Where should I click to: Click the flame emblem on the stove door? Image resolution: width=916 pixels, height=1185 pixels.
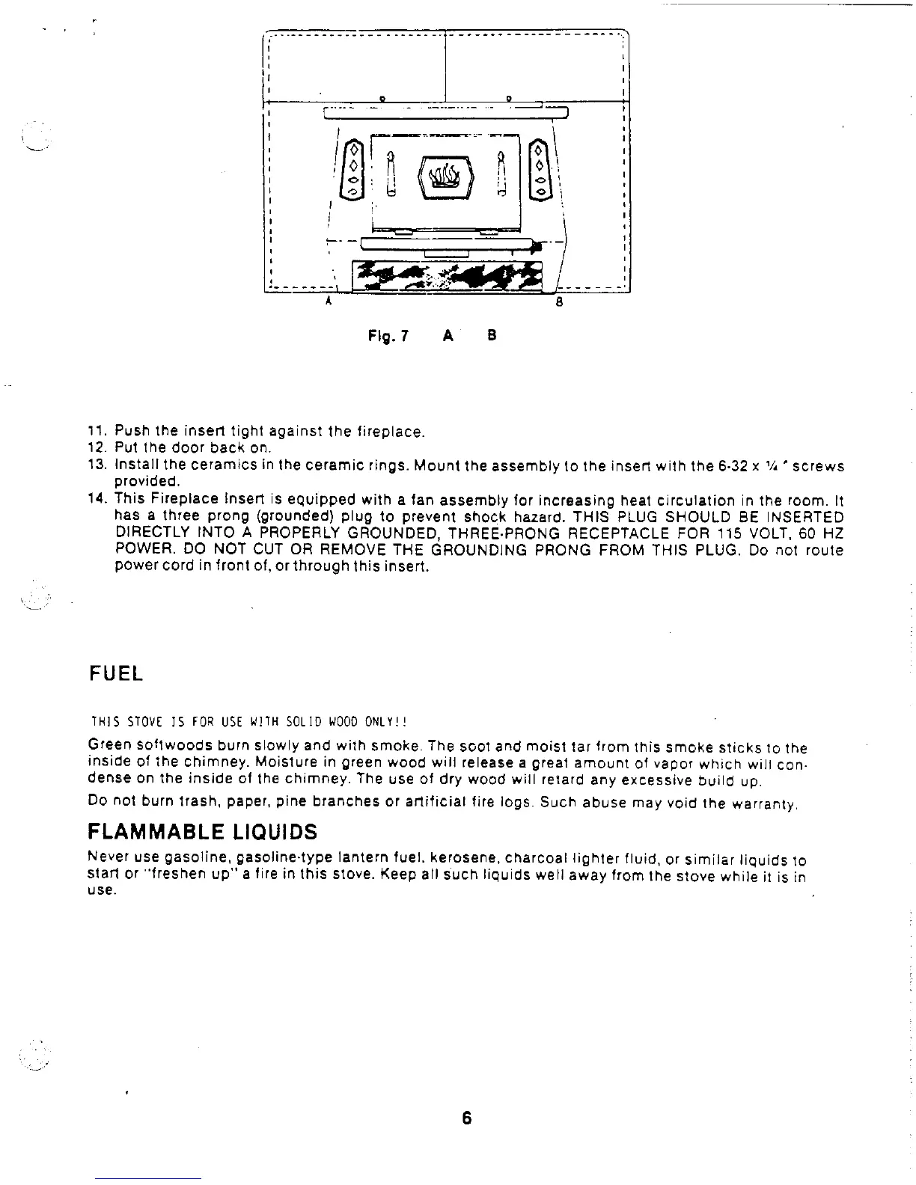click(x=447, y=178)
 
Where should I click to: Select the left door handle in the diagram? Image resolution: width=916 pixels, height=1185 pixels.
click(x=390, y=174)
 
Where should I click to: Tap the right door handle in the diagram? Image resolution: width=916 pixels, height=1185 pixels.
click(x=503, y=174)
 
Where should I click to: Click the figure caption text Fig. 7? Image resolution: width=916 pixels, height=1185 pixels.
click(x=388, y=336)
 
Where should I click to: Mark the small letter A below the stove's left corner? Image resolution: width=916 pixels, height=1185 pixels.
click(x=327, y=302)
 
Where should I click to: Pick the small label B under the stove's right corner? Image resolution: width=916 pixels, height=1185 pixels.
click(x=559, y=303)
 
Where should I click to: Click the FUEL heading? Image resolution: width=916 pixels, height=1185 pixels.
click(x=115, y=673)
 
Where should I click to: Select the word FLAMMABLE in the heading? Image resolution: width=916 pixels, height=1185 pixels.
click(x=150, y=832)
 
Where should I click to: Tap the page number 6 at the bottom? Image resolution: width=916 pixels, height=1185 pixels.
click(x=466, y=1118)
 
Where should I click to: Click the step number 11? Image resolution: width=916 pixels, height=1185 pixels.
click(x=97, y=432)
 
